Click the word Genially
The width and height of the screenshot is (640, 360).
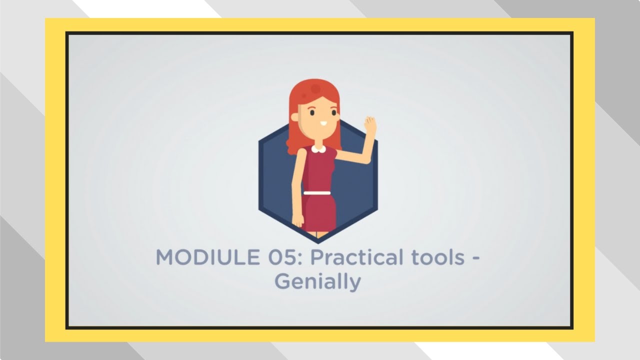[x=317, y=281]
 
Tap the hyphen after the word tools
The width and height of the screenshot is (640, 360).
[x=476, y=259]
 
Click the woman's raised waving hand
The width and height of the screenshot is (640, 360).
[x=369, y=125]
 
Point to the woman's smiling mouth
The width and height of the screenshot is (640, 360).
[x=323, y=123]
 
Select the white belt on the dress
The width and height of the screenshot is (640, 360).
[x=317, y=192]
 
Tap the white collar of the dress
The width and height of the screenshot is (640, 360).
[x=318, y=148]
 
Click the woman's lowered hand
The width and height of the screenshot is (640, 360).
[x=297, y=220]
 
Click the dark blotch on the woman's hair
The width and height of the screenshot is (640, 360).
[x=315, y=89]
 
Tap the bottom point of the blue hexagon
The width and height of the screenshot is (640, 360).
[x=318, y=241]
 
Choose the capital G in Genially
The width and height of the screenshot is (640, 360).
[x=282, y=281]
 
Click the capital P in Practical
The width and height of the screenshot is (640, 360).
[x=317, y=257]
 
